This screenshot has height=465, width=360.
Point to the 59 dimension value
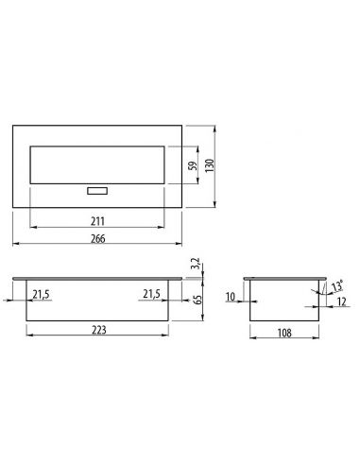point(192,165)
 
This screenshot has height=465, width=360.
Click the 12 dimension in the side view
point(339,302)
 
